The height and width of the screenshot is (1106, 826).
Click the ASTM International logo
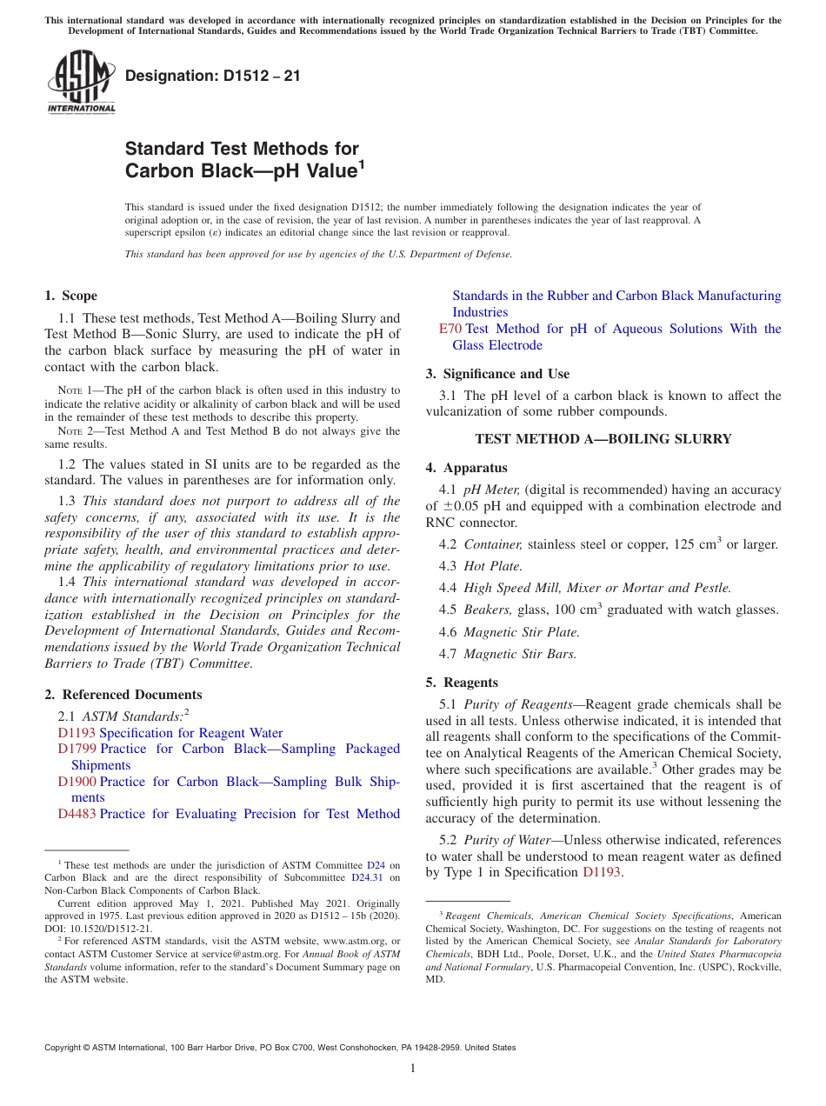(x=81, y=83)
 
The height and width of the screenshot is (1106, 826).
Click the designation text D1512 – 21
(x=213, y=76)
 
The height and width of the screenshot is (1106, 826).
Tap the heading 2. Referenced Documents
(x=123, y=695)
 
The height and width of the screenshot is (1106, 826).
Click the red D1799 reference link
(x=77, y=749)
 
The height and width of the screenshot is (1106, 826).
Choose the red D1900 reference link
(x=77, y=782)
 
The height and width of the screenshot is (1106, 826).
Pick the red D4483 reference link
(x=77, y=814)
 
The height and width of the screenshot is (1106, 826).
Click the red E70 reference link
(x=450, y=329)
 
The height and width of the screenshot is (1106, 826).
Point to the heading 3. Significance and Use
(x=497, y=374)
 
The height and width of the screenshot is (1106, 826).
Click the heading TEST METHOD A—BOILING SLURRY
(x=603, y=439)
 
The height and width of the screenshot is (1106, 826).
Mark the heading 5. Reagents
(x=462, y=683)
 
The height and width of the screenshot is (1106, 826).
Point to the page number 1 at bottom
(x=413, y=1069)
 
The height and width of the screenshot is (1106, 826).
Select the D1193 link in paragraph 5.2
(x=601, y=872)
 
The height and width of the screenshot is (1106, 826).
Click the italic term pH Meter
(x=491, y=490)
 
